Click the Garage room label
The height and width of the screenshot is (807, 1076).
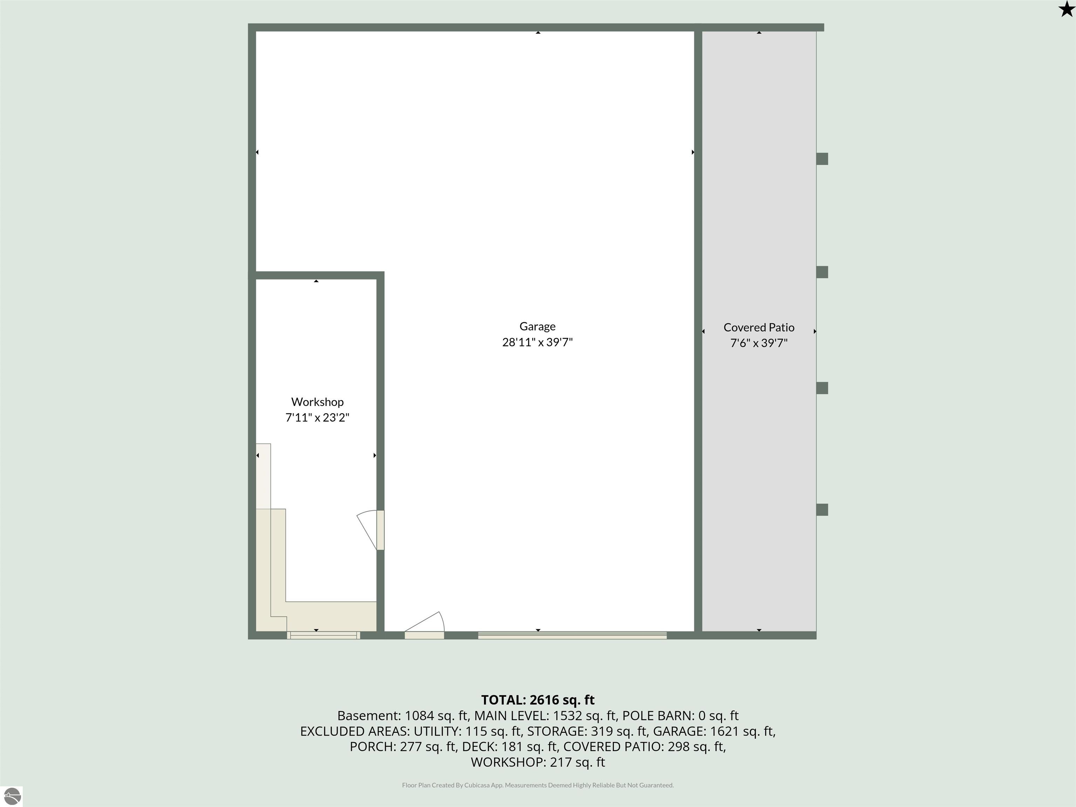click(538, 327)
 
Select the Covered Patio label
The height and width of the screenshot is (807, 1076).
click(759, 327)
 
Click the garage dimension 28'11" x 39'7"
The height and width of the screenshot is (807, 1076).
click(538, 342)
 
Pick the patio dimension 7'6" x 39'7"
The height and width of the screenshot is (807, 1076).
click(759, 343)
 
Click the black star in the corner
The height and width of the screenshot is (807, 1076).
click(1066, 9)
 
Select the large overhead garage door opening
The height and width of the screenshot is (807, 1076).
click(572, 635)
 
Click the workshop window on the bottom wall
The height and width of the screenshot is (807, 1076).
click(324, 635)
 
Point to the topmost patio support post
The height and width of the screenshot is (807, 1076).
click(822, 159)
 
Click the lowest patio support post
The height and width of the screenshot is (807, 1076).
click(822, 509)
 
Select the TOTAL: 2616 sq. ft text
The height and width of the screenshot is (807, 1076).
click(538, 699)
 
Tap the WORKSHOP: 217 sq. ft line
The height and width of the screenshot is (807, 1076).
click(538, 762)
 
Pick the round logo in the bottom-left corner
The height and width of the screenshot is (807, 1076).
click(12, 796)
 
